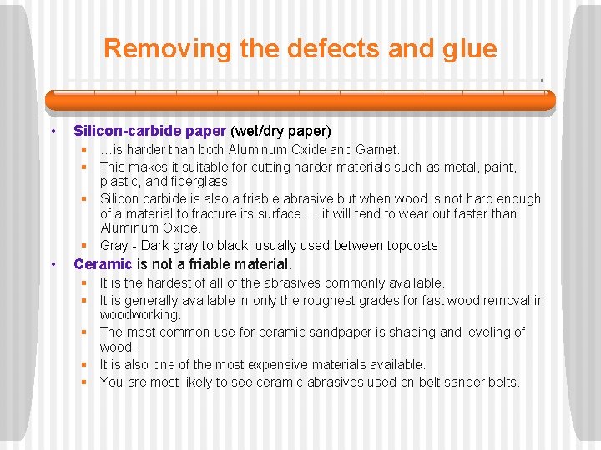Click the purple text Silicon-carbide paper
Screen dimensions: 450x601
[149, 131]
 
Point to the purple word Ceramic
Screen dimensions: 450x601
[103, 264]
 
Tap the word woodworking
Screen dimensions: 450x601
[139, 315]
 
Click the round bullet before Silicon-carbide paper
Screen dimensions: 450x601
[53, 132]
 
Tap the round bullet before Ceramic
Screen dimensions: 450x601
[53, 265]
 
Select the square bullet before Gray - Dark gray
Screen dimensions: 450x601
[84, 245]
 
